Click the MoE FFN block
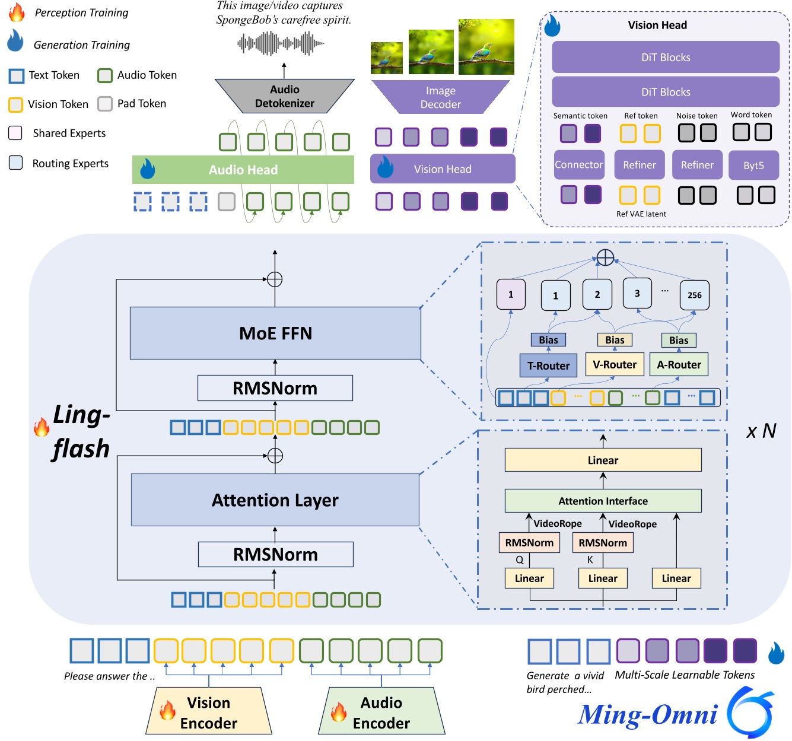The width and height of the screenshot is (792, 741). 275,333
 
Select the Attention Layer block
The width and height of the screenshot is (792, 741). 275,500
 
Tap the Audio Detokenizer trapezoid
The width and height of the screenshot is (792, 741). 284,96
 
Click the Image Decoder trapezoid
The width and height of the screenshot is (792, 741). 440,97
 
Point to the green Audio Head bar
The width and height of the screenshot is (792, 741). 243,170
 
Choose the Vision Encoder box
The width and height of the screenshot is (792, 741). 209,712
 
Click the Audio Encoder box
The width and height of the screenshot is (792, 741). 381,712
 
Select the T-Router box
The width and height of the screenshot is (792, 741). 548,365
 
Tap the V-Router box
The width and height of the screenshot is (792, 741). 615,364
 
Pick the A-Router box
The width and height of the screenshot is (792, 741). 679,364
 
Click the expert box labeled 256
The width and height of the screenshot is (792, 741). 694,295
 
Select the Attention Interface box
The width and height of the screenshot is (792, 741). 603,501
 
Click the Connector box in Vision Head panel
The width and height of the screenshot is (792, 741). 578,165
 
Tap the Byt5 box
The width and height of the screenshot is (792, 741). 753,165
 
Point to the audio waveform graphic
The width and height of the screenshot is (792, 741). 281,43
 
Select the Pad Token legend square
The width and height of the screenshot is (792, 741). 105,104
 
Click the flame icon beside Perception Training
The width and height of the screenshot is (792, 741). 17,12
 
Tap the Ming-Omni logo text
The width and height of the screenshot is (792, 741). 648,714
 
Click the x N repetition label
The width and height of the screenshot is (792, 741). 761,431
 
